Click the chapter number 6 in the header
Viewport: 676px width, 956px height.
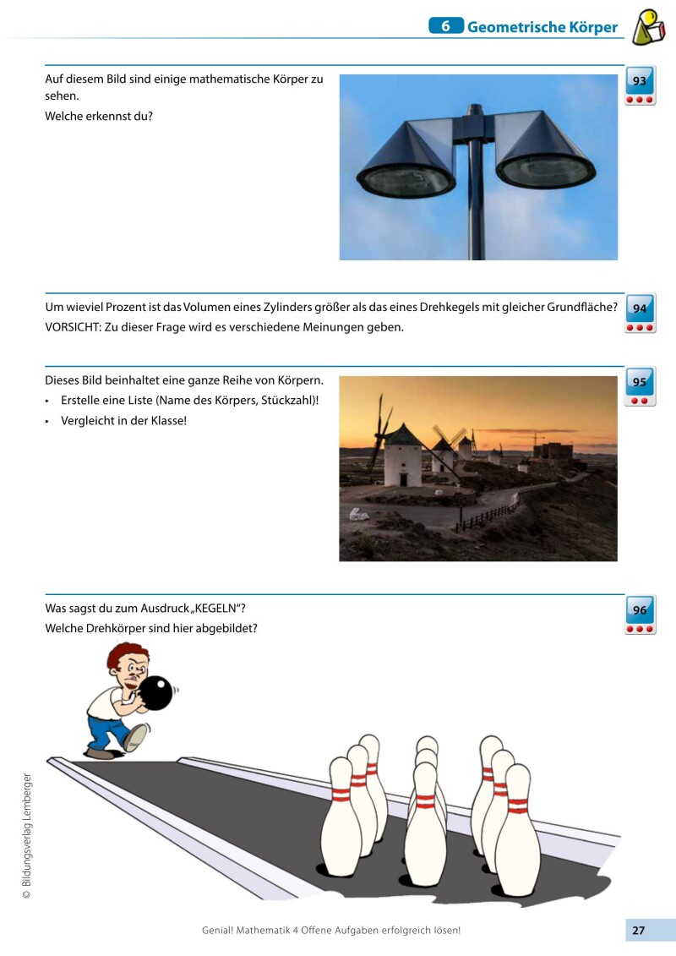tap(445, 26)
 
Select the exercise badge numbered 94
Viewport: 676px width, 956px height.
tap(640, 314)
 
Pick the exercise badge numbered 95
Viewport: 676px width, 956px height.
tap(640, 387)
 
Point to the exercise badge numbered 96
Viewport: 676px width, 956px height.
tap(640, 615)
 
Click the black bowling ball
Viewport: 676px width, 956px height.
tap(155, 693)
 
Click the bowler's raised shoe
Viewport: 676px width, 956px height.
tap(135, 737)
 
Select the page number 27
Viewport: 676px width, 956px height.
tap(639, 931)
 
